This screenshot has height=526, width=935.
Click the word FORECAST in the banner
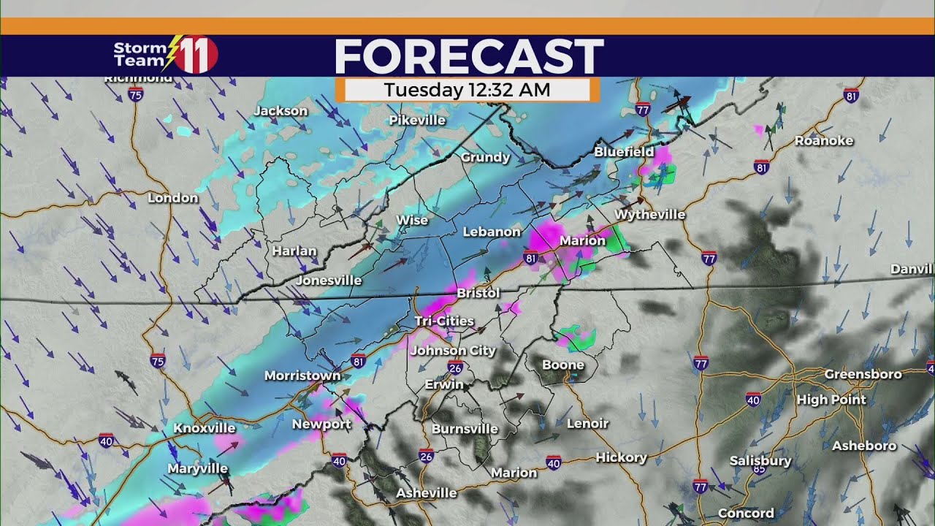coord(469,56)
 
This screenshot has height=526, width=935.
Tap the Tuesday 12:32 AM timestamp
coord(467,90)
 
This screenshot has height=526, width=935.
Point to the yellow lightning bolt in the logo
coord(172,53)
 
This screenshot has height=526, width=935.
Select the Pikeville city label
coord(417,120)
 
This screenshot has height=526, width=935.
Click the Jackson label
coord(281,111)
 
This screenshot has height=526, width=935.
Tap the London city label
coord(173,198)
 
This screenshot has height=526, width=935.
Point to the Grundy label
coord(485,157)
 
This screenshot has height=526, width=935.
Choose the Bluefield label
coord(624,152)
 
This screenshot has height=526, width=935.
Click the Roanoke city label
coord(824,141)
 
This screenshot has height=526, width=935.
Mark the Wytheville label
coord(650,215)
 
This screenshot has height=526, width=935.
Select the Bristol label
coord(478,293)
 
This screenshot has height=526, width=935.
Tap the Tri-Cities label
coord(444,321)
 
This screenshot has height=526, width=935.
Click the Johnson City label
coord(453,351)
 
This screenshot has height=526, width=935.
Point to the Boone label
coord(563,365)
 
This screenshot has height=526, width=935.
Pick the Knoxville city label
coord(205,428)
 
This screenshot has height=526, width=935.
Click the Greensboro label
coord(863,374)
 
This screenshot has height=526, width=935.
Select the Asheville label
coord(427,493)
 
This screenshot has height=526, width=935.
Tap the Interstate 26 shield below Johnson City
coord(455,367)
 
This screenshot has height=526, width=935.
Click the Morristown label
coord(302,376)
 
